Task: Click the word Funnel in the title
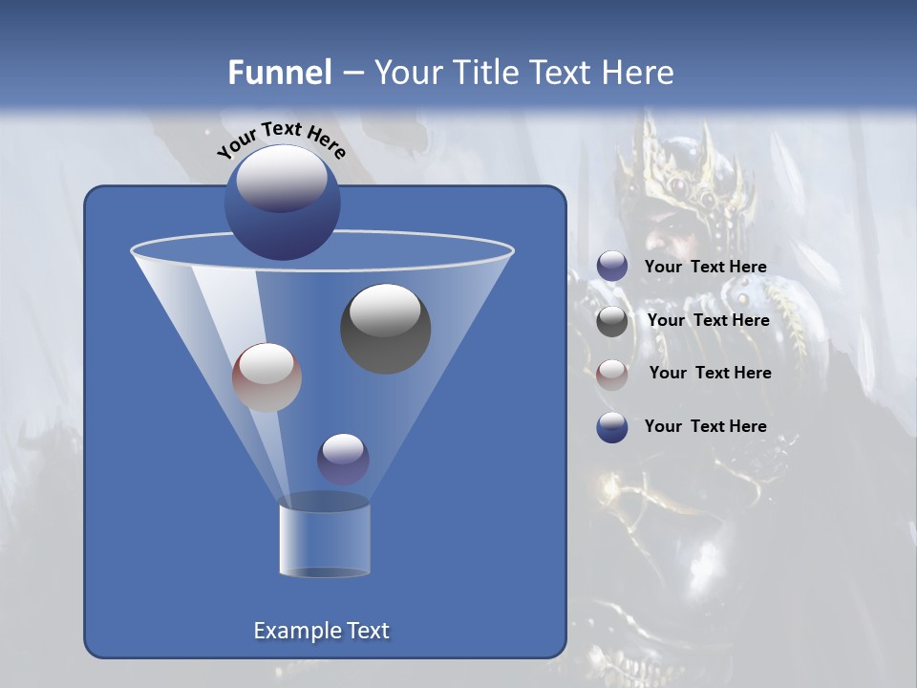click(x=279, y=73)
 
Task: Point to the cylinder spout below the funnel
click(x=324, y=541)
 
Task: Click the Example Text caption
click(x=321, y=631)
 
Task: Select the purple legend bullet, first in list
click(x=612, y=267)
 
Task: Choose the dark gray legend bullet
click(x=612, y=321)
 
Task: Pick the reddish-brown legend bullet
click(x=612, y=374)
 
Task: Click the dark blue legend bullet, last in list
click(x=612, y=427)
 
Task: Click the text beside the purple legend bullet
click(x=705, y=267)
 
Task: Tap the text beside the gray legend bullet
click(x=708, y=320)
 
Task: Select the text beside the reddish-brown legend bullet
click(x=710, y=373)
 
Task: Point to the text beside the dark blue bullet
click(x=705, y=426)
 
